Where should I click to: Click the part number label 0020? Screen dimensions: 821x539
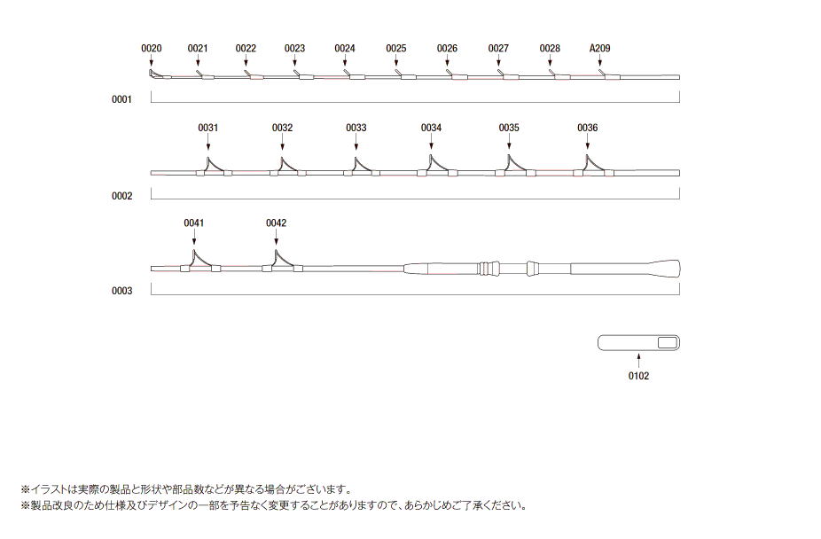click(152, 48)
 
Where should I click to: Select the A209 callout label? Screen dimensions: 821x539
click(599, 48)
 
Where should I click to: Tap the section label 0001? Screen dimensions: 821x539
click(121, 99)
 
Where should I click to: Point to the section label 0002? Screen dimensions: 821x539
click(121, 196)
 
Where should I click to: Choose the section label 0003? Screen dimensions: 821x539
click(121, 291)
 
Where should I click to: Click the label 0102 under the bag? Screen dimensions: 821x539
click(638, 376)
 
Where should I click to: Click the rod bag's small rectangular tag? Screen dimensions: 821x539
click(668, 343)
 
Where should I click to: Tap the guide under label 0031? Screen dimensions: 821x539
click(214, 167)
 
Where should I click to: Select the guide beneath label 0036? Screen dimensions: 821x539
click(593, 166)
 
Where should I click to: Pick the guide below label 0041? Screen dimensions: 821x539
click(200, 262)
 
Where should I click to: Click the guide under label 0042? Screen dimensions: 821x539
click(282, 262)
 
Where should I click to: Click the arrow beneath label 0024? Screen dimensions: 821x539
click(345, 60)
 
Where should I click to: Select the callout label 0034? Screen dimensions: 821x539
click(431, 128)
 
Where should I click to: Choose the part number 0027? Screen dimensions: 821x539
click(498, 48)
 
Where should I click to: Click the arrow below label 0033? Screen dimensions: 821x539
click(356, 142)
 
